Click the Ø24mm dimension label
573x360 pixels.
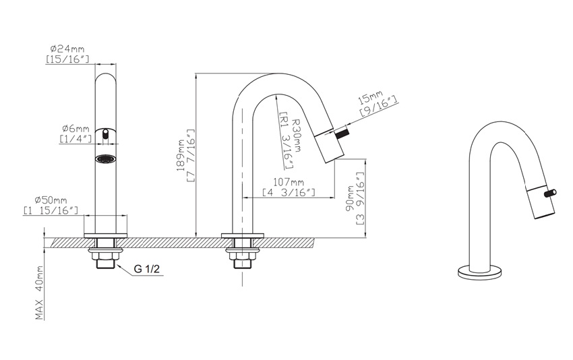67,49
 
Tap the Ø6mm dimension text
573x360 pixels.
76,129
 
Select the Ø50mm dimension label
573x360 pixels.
51,200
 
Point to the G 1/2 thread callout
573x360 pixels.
147,270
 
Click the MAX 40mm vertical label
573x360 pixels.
40,293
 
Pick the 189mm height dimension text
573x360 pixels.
181,155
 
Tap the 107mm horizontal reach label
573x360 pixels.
289,181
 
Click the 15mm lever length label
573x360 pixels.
370,98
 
